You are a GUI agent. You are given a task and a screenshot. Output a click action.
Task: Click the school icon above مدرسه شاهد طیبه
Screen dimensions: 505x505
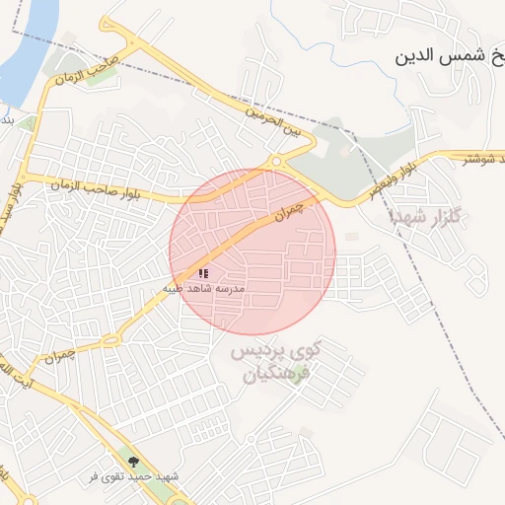click(203, 273)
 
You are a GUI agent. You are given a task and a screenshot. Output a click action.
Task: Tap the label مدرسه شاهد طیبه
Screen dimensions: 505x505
click(204, 288)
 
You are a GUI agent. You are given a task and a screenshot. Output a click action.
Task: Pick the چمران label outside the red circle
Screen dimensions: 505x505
click(59, 353)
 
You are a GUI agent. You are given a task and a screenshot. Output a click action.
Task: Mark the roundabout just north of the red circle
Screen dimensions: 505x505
click(277, 161)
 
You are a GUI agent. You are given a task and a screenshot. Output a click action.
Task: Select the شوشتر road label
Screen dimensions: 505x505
click(484, 158)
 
